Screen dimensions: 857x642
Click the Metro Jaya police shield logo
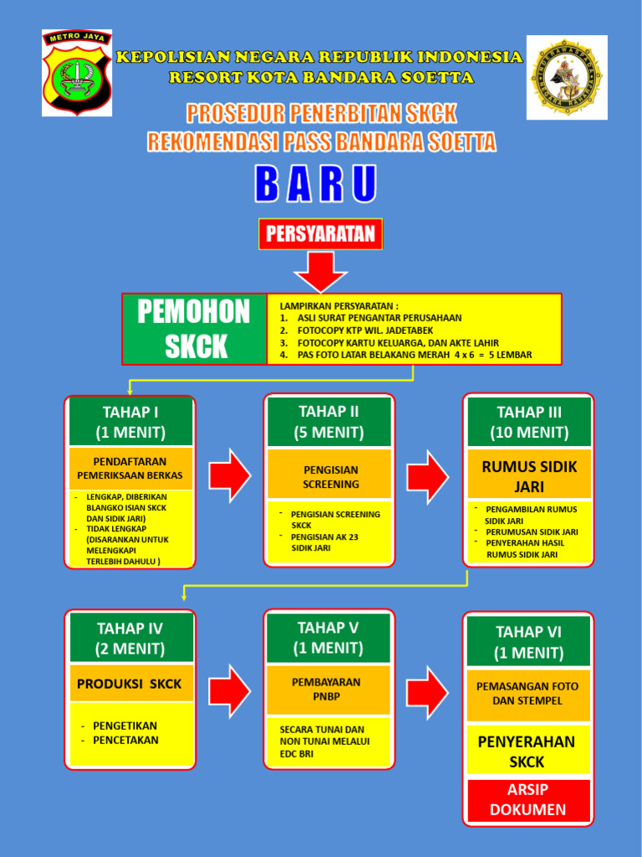tap(77, 73)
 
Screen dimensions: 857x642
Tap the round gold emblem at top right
tap(566, 77)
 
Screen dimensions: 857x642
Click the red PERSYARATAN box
tap(320, 234)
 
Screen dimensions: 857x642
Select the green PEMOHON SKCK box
tap(194, 329)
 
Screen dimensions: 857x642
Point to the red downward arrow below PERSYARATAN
tap(320, 271)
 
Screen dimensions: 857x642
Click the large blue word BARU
tap(316, 185)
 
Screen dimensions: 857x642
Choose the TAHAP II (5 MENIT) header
tap(329, 422)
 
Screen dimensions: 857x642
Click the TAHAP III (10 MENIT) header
tap(528, 422)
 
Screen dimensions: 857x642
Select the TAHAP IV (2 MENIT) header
tap(130, 638)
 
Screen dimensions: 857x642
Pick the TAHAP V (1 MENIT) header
tap(329, 638)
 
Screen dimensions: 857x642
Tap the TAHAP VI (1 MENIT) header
tap(528, 641)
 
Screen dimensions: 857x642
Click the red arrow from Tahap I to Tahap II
tap(229, 475)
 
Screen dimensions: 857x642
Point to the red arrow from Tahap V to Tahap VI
tap(428, 691)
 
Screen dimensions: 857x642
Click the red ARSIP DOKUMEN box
tap(528, 799)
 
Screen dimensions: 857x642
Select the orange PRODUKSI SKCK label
tap(130, 684)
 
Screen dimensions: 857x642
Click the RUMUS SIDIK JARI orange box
tap(528, 476)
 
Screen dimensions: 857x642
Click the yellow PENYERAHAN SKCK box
tap(528, 752)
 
